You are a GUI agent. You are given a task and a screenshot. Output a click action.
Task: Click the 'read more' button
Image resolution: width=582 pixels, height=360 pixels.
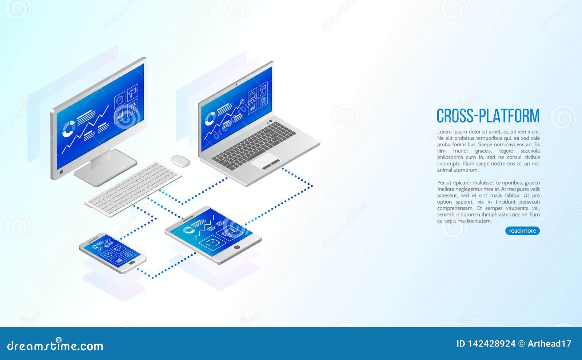coord(522,231)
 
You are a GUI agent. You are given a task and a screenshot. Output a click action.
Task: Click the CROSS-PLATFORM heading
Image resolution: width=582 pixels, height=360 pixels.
coord(488,116)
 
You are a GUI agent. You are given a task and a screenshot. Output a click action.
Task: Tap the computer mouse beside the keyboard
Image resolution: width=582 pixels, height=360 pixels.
coord(180,161)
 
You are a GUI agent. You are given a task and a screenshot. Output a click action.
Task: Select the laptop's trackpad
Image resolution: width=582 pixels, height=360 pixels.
coord(266,161)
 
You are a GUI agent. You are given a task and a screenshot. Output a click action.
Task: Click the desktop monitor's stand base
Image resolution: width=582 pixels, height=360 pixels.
coord(105,168)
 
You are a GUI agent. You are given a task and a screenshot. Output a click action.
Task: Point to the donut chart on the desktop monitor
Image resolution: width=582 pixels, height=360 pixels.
coord(69,129)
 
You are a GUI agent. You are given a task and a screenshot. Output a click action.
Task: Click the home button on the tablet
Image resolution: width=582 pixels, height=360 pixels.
coord(237,247)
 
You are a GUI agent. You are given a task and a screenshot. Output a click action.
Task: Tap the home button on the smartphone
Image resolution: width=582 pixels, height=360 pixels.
coord(132,263)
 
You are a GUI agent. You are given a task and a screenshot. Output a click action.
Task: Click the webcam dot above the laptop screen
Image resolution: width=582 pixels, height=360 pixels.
coord(236,85)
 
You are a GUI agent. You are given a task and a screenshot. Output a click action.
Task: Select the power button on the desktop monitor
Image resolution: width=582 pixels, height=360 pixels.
coord(61,172)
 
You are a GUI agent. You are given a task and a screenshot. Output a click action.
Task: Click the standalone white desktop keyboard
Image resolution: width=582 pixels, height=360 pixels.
coord(133,189)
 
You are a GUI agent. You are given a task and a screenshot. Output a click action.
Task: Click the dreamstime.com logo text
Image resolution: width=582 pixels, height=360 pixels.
coord(55,345)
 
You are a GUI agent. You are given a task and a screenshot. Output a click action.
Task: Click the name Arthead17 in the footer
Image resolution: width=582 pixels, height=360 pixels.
coord(550,344)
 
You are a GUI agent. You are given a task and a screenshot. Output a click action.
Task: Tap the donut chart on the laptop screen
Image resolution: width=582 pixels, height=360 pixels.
coord(210,119)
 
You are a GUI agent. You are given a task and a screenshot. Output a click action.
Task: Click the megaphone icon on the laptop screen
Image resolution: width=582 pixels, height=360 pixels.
coord(263,88)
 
